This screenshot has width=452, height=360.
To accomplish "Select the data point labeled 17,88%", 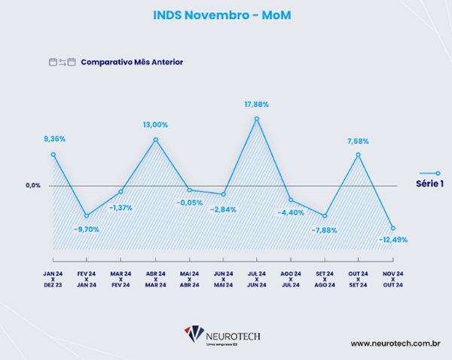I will tap(257, 118).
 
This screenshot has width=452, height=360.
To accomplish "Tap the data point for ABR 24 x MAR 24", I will tap(155, 139).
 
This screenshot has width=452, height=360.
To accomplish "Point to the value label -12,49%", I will tap(393, 239).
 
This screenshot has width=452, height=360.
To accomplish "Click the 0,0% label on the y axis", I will tap(32, 185).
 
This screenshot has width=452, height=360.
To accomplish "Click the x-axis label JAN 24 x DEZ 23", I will tap(53, 279).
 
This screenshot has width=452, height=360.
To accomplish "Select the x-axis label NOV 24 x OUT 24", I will tap(392, 279).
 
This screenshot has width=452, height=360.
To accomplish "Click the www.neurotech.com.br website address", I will tap(395, 343).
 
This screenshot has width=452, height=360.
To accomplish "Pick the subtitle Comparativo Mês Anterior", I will tap(132, 62).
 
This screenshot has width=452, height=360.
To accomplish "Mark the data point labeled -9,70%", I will tap(87, 216).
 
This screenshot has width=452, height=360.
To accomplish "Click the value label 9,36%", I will tap(55, 139).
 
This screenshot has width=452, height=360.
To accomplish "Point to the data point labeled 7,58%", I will tap(359, 154).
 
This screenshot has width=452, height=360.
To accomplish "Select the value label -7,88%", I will tap(324, 230).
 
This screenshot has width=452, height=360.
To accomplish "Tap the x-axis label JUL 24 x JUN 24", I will tap(257, 279).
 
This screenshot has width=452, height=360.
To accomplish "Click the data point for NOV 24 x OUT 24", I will tap(392, 227).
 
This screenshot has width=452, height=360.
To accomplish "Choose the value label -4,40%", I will tap(291, 212).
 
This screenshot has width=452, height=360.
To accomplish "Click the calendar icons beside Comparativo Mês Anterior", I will tap(62, 62).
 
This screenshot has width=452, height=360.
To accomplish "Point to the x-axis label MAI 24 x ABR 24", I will tap(189, 279).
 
